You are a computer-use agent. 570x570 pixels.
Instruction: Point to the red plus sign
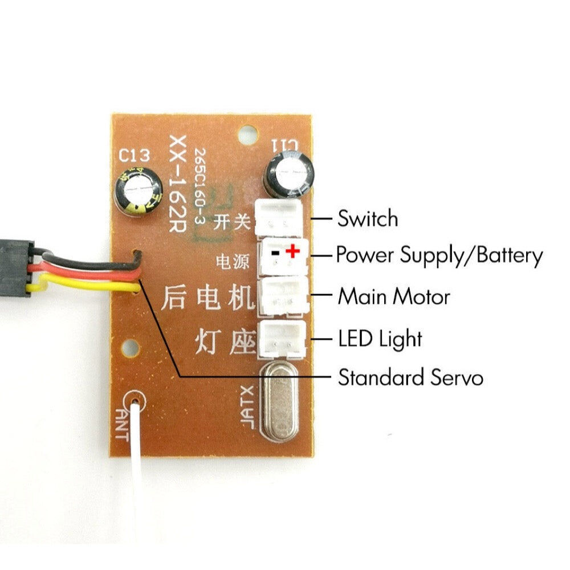[x=293, y=250]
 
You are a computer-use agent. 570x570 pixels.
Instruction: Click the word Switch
[x=368, y=218]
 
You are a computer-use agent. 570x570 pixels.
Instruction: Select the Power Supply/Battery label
[x=439, y=255]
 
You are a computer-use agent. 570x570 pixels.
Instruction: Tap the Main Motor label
[x=394, y=297]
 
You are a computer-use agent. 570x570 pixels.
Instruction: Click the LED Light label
[x=380, y=339]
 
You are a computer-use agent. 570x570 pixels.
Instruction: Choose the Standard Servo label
[x=410, y=377]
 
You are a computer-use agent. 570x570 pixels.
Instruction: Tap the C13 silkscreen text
[x=134, y=155]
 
